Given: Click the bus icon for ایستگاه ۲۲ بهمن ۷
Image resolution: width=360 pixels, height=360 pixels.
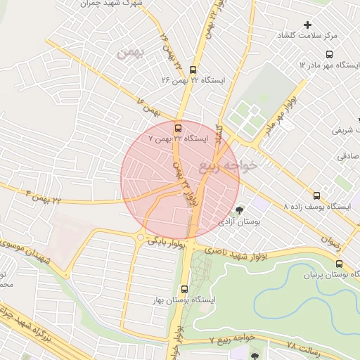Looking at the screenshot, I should coord(177,128).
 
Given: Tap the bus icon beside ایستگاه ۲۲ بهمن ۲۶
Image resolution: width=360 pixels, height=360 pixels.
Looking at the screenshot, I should coord(193,69).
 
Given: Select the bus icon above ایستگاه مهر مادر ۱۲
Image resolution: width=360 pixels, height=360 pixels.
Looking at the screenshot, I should coord(330,53).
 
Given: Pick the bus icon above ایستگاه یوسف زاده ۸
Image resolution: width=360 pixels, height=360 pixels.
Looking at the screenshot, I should coord(316,196).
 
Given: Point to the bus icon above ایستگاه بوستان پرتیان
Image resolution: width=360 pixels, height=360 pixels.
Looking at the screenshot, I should coord(340,264).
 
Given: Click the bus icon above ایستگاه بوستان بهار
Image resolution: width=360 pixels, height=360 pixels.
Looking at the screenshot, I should coord(184,288).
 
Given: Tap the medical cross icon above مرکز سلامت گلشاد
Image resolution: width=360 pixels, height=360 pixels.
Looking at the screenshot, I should coord(307,25).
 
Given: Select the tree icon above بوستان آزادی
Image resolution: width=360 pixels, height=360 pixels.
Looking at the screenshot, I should coord(240,210).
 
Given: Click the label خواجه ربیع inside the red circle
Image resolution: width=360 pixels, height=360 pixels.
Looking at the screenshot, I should coord(238,165).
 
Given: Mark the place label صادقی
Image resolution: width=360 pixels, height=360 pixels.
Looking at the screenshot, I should coord(347,157).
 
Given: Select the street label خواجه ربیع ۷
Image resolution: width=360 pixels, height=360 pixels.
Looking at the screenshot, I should coord(231,340).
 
